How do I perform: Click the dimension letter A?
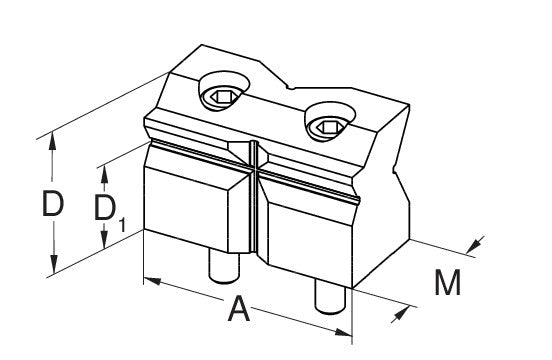pos(239,309)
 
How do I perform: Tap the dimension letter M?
pos(447,283)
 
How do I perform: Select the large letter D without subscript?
pos(53,203)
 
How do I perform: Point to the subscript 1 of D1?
pos(122,225)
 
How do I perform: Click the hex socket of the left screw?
pos(218,96)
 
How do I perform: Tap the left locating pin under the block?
pos(224,266)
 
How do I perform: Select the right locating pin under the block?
pos(330,297)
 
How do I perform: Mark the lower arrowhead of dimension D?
pos(54,264)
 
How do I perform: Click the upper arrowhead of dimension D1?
pos(104,174)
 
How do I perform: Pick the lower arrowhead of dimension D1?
pos(104,239)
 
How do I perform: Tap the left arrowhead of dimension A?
pos(152,281)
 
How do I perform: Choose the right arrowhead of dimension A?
pos(343,332)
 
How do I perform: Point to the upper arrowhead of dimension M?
pos(475,245)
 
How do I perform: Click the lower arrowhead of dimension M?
pos(401,314)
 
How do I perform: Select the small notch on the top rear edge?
pos(290,86)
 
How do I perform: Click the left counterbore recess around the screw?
pos(224,91)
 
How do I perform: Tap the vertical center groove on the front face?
pos(254,197)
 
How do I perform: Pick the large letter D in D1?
pos(105,208)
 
